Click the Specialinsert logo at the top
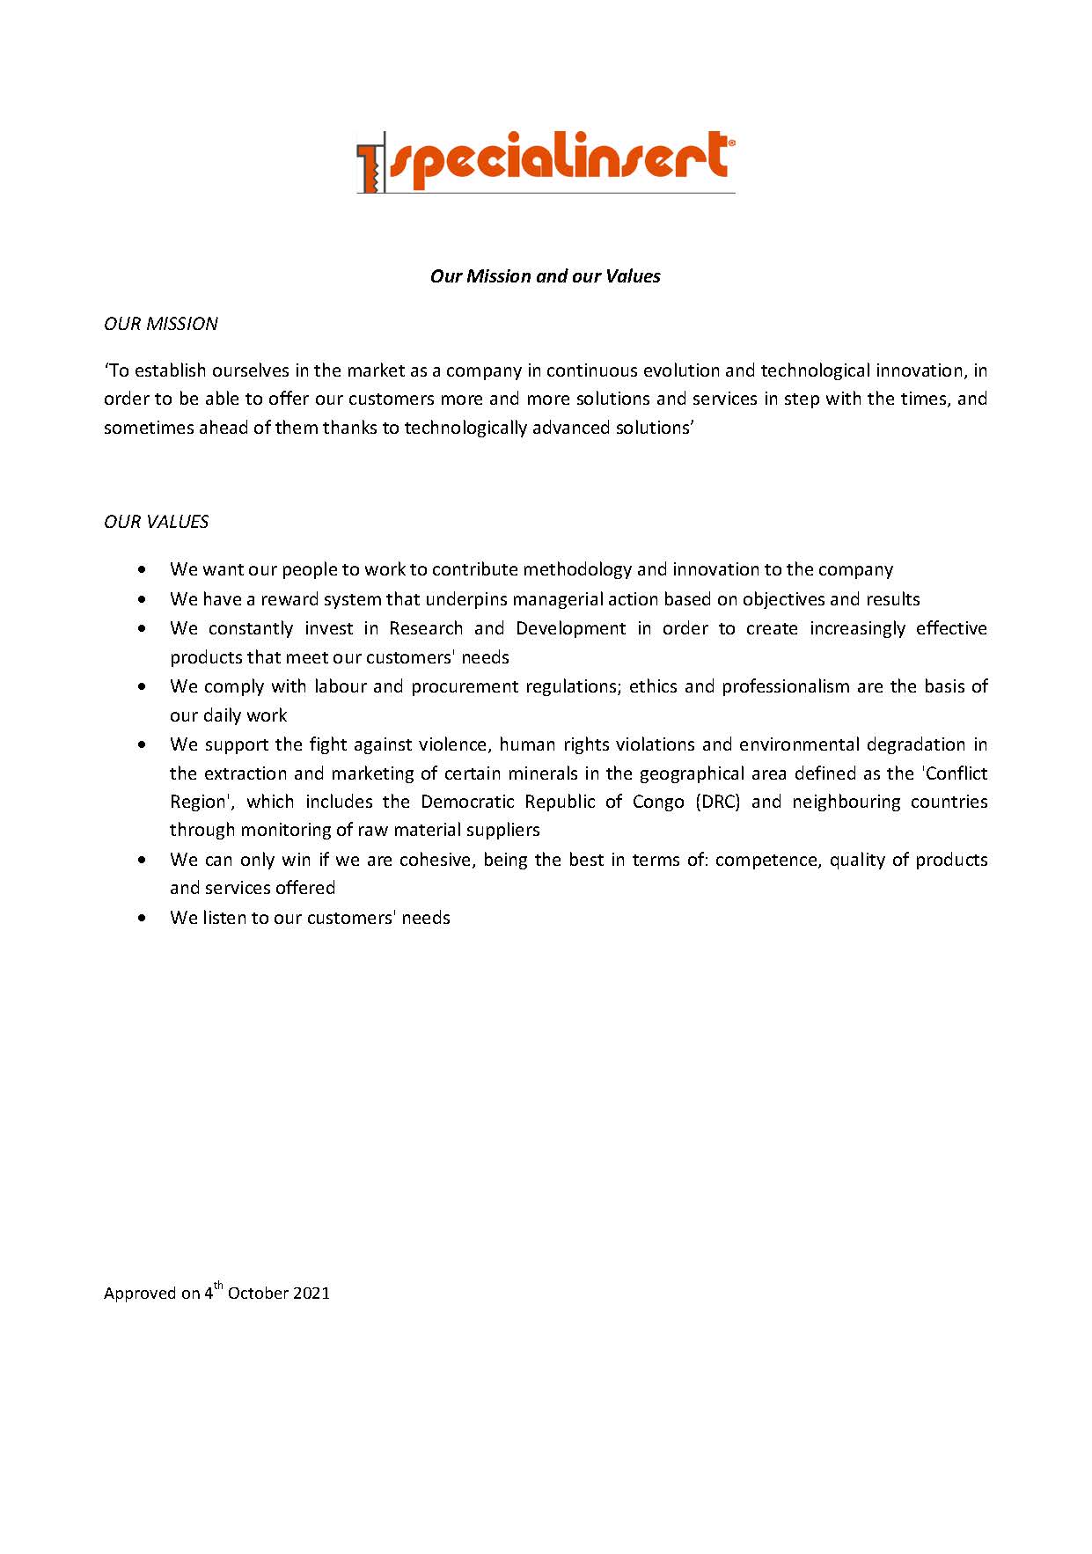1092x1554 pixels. tap(546, 162)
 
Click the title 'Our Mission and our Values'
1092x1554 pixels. tap(545, 276)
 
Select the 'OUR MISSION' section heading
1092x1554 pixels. tap(161, 324)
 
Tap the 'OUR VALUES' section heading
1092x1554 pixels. tap(157, 522)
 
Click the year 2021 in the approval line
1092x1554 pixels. tap(311, 1293)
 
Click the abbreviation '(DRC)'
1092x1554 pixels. tap(717, 802)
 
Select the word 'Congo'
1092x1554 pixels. tap(658, 803)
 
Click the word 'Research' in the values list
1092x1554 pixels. tap(426, 628)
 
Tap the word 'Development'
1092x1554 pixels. tap(571, 628)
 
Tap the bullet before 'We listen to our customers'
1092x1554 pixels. tap(143, 919)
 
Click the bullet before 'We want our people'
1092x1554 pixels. tap(143, 570)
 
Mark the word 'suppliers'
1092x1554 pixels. tap(504, 831)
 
